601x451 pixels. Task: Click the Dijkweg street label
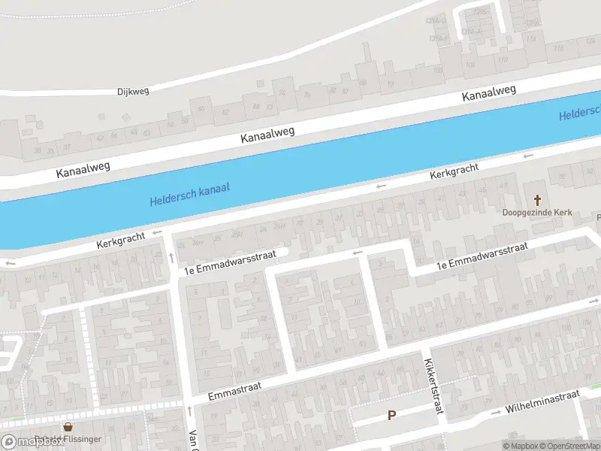tap(134, 91)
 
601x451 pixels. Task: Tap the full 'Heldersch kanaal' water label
tap(189, 194)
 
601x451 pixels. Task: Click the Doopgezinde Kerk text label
tap(537, 213)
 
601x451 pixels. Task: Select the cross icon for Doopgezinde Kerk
tap(537, 199)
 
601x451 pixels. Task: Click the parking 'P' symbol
tap(391, 415)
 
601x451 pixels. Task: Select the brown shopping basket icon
tap(68, 427)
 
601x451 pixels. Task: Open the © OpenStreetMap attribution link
tap(569, 446)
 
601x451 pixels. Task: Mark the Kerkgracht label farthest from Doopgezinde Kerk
tap(119, 239)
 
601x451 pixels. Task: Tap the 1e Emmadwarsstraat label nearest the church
tap(483, 256)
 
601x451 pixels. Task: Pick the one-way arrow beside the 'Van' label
tap(189, 410)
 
